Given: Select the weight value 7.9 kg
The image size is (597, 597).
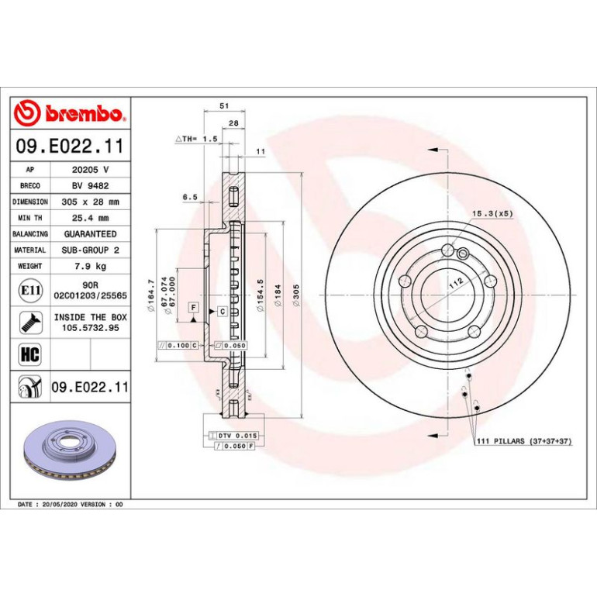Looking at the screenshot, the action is (90, 266).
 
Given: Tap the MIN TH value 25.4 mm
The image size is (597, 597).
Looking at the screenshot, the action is (90, 218).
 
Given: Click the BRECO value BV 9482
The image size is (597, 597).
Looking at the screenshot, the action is (90, 186).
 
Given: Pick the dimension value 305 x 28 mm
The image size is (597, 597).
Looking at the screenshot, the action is (90, 202).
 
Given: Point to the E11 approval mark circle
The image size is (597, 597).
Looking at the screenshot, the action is (30, 291).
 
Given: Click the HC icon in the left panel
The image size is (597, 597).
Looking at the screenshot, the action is (30, 354).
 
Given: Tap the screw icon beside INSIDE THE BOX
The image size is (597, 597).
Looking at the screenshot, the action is (30, 323).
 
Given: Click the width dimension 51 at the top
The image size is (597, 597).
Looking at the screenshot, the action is (224, 106).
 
